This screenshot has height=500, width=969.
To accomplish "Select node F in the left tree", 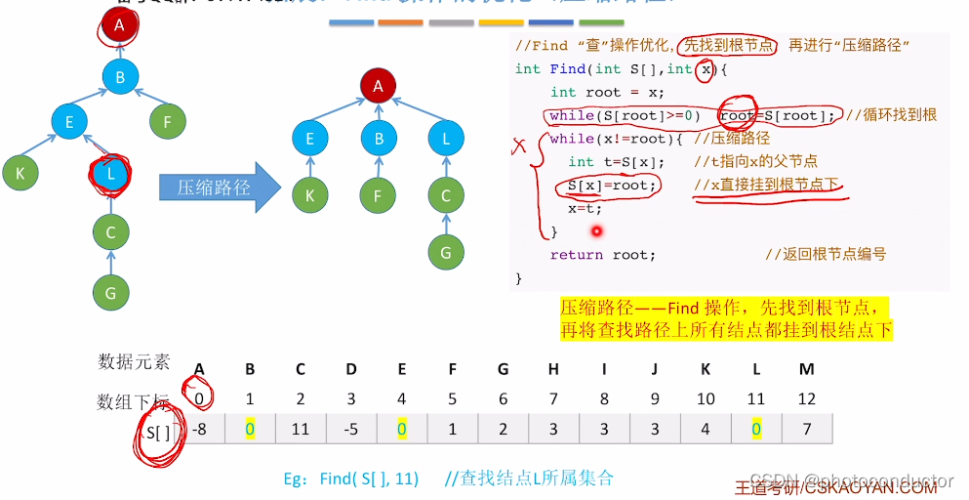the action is click(168, 121).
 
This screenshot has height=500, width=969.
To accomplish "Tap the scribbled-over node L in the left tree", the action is click(111, 174).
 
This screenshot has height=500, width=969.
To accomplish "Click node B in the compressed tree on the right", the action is click(379, 139).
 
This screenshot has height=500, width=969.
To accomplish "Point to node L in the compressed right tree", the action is click(446, 139).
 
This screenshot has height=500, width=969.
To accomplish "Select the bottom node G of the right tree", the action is click(446, 252).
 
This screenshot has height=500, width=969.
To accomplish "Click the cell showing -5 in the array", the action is click(350, 429).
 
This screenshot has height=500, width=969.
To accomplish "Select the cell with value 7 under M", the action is click(806, 429).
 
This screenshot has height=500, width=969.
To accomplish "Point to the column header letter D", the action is click(350, 368).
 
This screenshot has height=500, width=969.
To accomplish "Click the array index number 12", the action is click(806, 398).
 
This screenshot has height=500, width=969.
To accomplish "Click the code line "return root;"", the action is click(602, 254).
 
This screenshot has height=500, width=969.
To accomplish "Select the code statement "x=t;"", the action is click(585, 208).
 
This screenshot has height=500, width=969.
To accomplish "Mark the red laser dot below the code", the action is click(595, 231).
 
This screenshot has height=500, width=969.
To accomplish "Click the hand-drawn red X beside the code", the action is click(519, 146).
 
